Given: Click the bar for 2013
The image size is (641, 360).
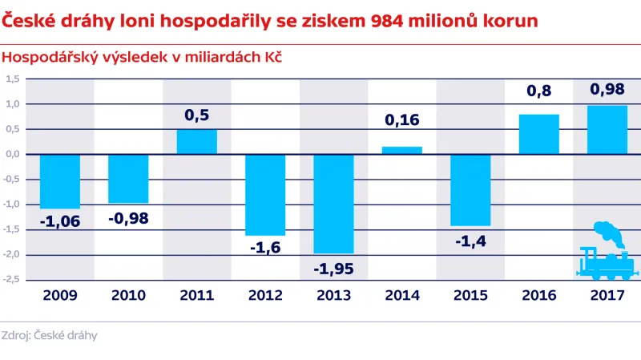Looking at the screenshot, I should tap(333, 204).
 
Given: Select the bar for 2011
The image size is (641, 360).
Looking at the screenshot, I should tap(196, 142).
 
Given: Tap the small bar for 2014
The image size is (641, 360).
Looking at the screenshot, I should tap(401, 150).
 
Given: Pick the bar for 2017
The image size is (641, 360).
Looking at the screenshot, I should tap(607, 130).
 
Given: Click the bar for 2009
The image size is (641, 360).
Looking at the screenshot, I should tap(60, 181).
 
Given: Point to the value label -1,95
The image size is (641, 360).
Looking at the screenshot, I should tap(333, 267).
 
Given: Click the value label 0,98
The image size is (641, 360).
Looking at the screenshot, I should tap(607, 90).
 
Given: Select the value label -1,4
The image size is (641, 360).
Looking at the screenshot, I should tap(470, 241).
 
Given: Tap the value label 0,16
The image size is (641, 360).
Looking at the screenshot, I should tap(401, 121).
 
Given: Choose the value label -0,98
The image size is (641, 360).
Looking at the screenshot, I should tap(128, 218).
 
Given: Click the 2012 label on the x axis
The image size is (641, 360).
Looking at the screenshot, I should tap(265, 296).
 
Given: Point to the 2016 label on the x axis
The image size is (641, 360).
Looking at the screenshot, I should tap(538, 296).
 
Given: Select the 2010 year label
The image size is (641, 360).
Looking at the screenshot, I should tap(128, 296).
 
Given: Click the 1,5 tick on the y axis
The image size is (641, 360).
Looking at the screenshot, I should tap(13, 79).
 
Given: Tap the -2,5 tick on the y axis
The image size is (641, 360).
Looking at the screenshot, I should tap(11, 280).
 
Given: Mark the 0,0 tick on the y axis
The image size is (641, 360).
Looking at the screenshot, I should tap(13, 154).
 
